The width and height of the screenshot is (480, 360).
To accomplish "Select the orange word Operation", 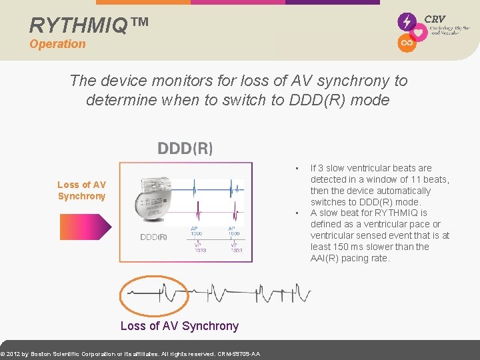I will pyautogui.click(x=57, y=44).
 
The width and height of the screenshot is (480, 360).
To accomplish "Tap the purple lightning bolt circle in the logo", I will pyautogui.click(x=407, y=22).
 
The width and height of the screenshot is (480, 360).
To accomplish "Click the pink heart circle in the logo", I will pyautogui.click(x=419, y=33).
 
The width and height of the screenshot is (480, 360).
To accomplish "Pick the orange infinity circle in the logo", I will pyautogui.click(x=406, y=43).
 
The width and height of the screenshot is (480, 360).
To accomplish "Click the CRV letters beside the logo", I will pyautogui.click(x=435, y=19).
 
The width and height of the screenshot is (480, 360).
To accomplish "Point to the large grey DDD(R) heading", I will pyautogui.click(x=185, y=148).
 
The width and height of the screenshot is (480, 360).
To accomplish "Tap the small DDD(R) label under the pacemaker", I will pyautogui.click(x=153, y=237).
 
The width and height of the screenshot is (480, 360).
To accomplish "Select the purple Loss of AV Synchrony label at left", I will pyautogui.click(x=81, y=190).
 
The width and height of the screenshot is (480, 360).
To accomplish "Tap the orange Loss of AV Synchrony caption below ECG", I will pyautogui.click(x=179, y=326).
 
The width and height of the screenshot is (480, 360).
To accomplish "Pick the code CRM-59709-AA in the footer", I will pyautogui.click(x=239, y=353).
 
